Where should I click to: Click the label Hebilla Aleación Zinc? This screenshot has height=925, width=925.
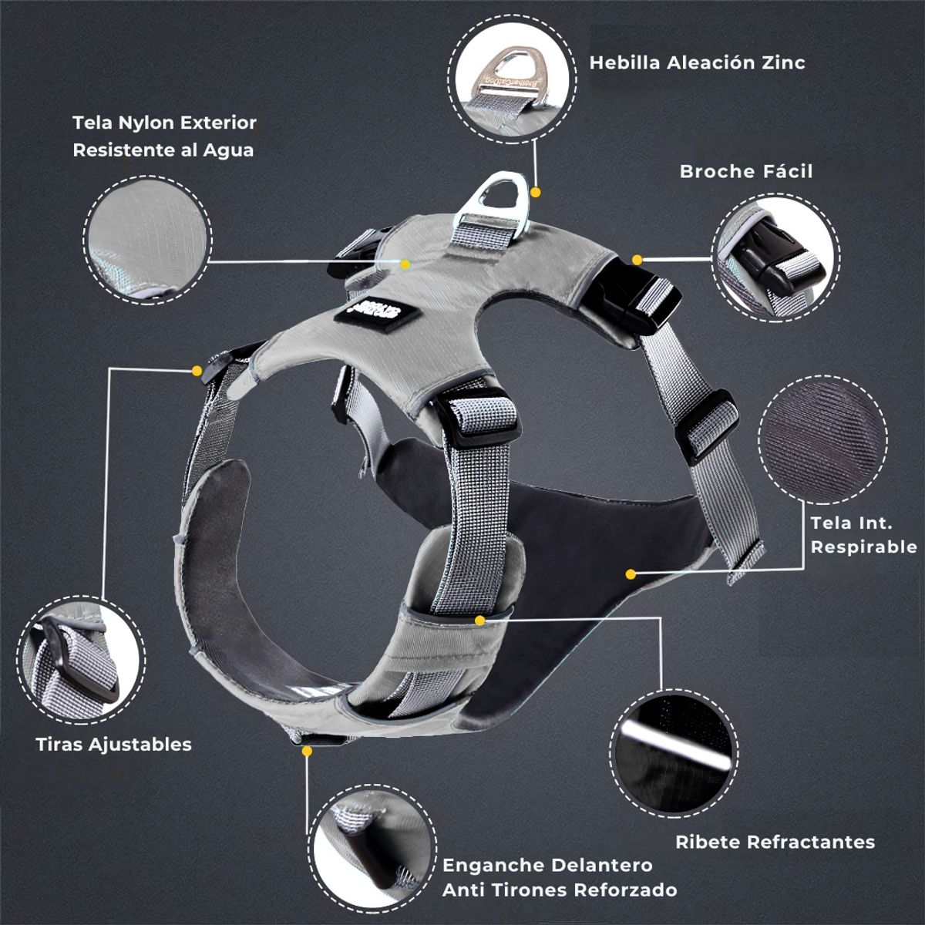[x=697, y=62]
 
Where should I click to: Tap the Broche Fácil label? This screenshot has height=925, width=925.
[x=746, y=171]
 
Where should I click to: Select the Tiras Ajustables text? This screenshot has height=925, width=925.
[x=114, y=745]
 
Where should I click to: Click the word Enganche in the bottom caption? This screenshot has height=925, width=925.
[x=493, y=865]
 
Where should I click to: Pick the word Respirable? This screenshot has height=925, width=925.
[x=863, y=547]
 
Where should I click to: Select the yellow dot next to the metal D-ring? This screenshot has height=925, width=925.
[x=536, y=193]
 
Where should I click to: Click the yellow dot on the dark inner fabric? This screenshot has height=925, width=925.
[x=631, y=574]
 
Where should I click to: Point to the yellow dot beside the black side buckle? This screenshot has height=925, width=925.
[x=637, y=261]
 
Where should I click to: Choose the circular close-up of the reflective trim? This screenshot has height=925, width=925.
[x=675, y=755]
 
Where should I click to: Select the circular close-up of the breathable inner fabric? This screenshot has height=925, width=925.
[x=822, y=439]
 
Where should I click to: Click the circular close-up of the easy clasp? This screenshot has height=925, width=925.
[x=776, y=258]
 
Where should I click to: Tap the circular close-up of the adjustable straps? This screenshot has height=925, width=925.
[x=81, y=660]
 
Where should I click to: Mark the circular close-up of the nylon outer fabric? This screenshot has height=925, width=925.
[x=147, y=240]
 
